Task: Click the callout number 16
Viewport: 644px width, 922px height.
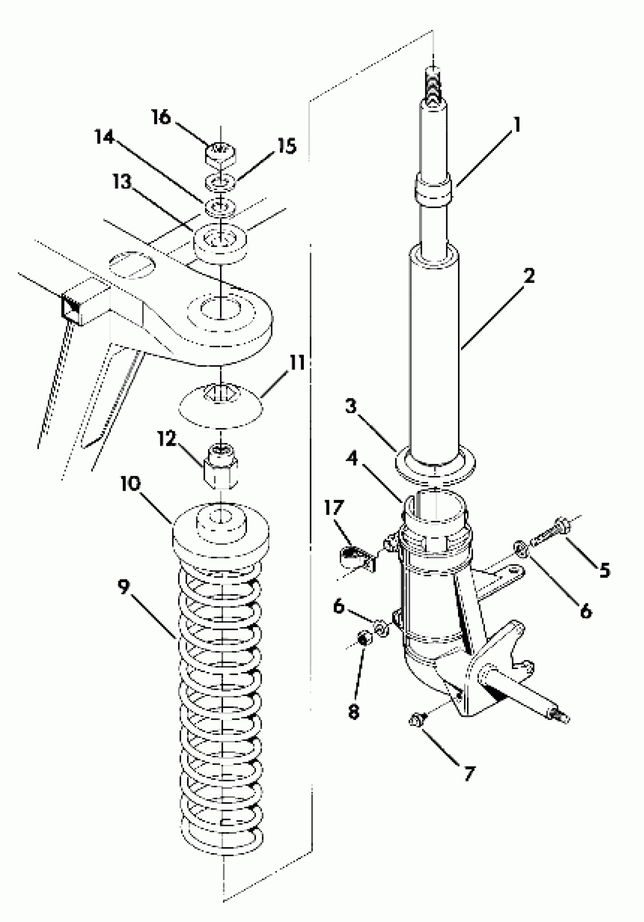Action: point(161,118)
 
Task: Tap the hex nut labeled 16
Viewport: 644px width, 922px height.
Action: point(220,154)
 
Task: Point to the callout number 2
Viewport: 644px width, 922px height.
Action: point(529,277)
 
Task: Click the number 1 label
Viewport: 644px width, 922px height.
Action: point(517,125)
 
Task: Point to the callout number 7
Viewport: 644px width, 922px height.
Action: point(469,772)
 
